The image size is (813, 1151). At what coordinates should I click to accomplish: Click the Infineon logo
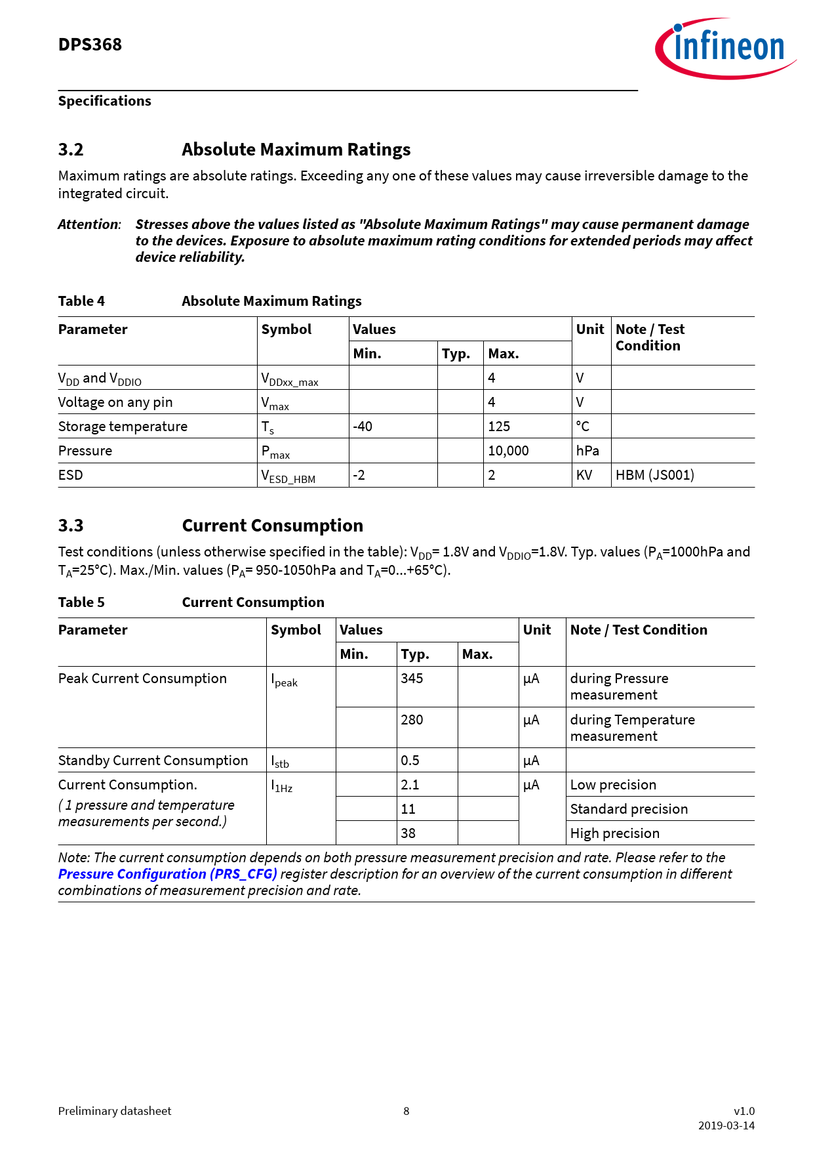click(726, 48)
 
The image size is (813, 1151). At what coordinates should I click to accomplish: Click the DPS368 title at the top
click(90, 45)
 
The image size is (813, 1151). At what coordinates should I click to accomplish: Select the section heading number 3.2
click(71, 150)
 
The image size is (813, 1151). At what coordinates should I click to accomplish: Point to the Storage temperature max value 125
click(499, 427)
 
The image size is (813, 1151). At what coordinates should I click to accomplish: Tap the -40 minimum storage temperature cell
click(363, 427)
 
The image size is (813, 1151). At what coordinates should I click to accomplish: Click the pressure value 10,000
click(508, 451)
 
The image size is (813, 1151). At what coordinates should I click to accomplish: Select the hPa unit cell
click(587, 451)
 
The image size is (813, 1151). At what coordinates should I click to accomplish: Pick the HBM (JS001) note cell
click(654, 475)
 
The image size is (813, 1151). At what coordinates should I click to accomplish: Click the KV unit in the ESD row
click(584, 475)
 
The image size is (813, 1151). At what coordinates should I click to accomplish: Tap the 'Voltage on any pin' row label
click(115, 402)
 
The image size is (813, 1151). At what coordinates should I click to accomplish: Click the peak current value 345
click(412, 679)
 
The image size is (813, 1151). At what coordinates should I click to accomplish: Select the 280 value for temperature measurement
click(412, 720)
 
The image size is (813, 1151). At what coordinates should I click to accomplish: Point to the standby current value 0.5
click(410, 761)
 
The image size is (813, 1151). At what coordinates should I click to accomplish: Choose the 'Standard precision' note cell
click(629, 809)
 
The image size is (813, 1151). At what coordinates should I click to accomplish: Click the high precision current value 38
click(408, 833)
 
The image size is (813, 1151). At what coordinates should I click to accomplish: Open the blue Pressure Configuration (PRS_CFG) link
click(167, 874)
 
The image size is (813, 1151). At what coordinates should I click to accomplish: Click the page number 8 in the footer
click(406, 1111)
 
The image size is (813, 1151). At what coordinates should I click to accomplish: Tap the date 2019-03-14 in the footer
click(726, 1125)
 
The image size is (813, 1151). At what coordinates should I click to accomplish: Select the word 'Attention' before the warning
click(89, 224)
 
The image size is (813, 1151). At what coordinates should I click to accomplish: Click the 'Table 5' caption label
click(81, 602)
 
